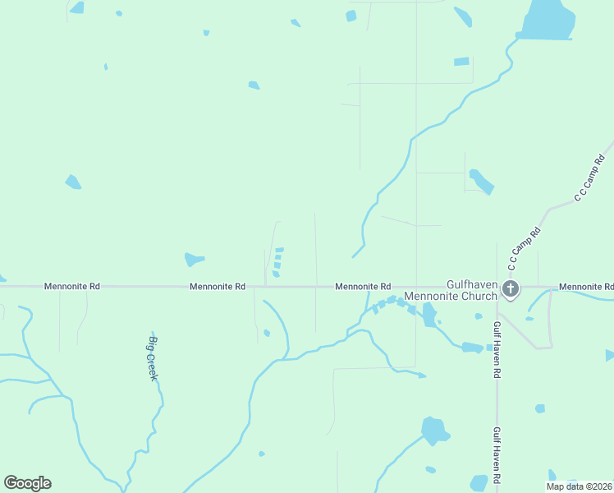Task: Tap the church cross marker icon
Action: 511,288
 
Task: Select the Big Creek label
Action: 153,357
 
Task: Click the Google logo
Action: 27,483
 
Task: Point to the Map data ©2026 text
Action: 579,486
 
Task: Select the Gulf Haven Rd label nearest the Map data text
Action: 497,454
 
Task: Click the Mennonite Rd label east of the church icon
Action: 585,287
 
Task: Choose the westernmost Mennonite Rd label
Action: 71,287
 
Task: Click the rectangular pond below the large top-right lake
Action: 462,61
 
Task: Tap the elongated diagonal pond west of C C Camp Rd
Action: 481,182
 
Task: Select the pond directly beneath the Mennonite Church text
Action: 429,316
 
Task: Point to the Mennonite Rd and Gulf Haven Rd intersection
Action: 497,287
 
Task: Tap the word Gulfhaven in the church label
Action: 473,283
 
